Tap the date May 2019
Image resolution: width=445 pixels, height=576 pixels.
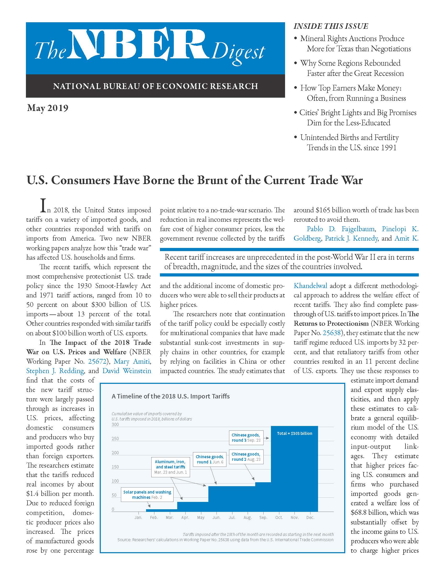coord(47,108)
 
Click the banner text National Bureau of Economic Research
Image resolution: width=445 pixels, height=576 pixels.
coord(155,86)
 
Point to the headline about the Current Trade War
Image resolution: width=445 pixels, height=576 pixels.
coord(194,180)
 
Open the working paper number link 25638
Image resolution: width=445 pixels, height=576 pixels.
coord(331,333)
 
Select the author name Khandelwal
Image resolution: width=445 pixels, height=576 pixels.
coord(310,286)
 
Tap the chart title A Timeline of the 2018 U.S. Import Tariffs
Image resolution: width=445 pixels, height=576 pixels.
coord(171,396)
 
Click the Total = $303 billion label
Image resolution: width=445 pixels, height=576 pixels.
coord(294,433)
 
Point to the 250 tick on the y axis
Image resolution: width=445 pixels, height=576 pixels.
coord(115,439)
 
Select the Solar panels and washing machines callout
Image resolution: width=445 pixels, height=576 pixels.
coord(147,495)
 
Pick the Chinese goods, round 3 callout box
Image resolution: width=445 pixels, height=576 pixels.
coord(246,437)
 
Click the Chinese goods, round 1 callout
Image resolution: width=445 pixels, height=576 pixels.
coord(210,459)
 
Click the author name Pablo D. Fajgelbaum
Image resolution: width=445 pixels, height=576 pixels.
coord(340,229)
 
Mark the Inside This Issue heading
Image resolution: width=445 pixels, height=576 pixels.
coord(331,26)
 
